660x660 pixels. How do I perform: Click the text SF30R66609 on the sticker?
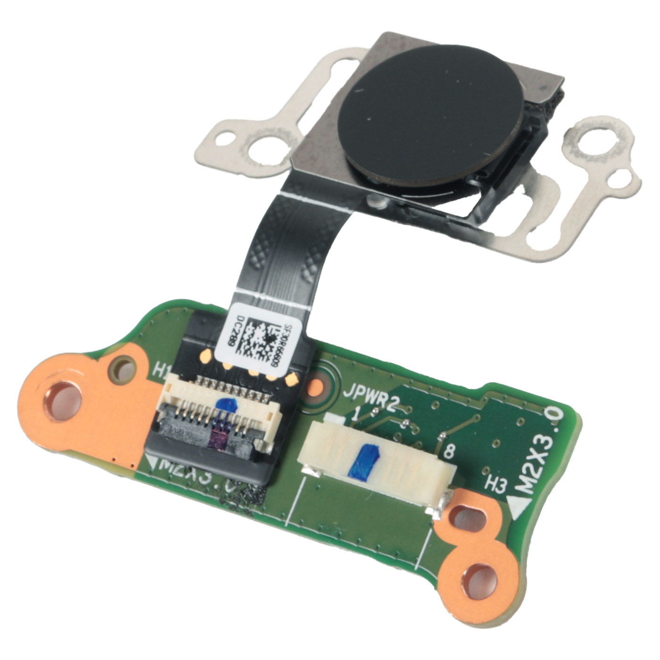(288, 344)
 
